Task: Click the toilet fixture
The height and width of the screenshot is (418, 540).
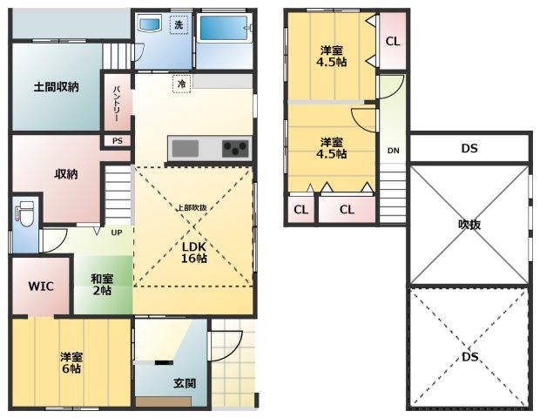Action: click(x=24, y=214)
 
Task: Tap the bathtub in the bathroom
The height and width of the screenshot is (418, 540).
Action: click(x=224, y=28)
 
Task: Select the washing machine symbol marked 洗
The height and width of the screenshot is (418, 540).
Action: click(x=179, y=24)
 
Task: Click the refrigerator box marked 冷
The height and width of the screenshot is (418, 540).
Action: click(x=181, y=84)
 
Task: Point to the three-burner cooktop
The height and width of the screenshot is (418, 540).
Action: click(x=235, y=148)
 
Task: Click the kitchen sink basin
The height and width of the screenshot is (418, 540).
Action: click(x=186, y=148)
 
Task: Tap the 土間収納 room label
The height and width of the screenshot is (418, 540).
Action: click(x=56, y=87)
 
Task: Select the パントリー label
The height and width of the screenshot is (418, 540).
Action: click(x=116, y=104)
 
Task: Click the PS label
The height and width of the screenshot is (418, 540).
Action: click(x=118, y=141)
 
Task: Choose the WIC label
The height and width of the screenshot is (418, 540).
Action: click(x=41, y=287)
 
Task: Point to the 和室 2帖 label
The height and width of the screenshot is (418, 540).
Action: click(x=102, y=285)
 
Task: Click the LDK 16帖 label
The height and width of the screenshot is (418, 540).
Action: click(x=193, y=253)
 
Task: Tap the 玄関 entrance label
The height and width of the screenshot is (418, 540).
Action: click(x=185, y=383)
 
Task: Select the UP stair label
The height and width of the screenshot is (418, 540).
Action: click(x=117, y=233)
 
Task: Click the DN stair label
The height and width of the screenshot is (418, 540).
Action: click(x=394, y=151)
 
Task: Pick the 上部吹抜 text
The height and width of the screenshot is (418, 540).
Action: click(x=192, y=207)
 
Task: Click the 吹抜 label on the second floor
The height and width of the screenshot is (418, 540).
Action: click(x=469, y=225)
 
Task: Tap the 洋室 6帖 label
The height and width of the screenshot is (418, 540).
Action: click(x=71, y=362)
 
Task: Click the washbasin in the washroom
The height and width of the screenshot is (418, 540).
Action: click(x=149, y=24)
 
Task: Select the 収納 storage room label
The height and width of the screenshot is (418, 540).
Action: click(x=66, y=174)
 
